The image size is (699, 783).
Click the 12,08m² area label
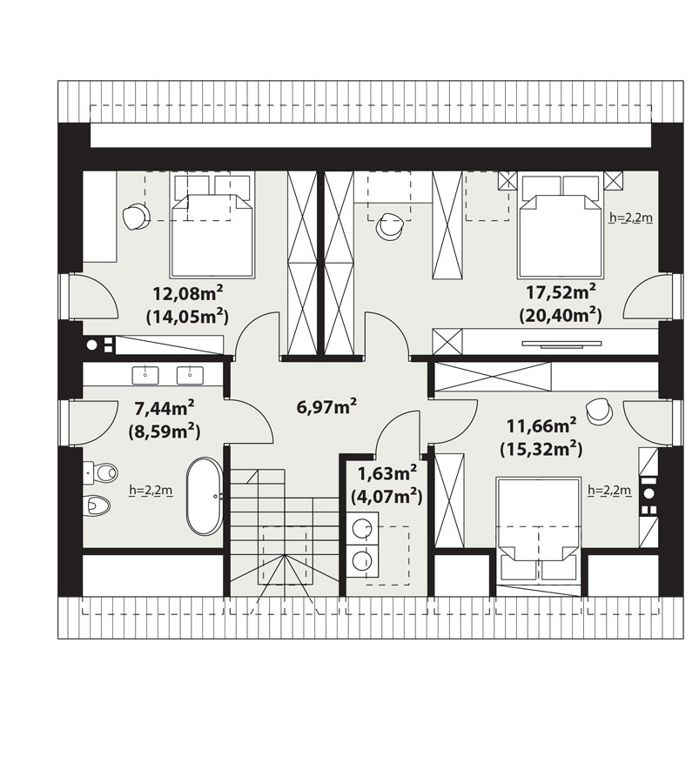[188, 293]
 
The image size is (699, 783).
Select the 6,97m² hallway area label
[326, 406]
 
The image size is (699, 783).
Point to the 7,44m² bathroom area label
[165, 408]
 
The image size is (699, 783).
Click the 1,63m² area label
[387, 472]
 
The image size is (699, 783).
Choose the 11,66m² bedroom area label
[541, 426]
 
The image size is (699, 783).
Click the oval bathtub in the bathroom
[205, 497]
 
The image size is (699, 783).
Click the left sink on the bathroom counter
[145, 375]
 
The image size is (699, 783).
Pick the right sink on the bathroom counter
[190, 375]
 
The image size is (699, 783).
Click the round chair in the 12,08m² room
[136, 217]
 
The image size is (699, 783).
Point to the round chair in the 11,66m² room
[599, 412]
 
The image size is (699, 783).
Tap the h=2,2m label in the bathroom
[151, 491]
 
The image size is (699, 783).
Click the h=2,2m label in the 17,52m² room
[631, 217]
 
